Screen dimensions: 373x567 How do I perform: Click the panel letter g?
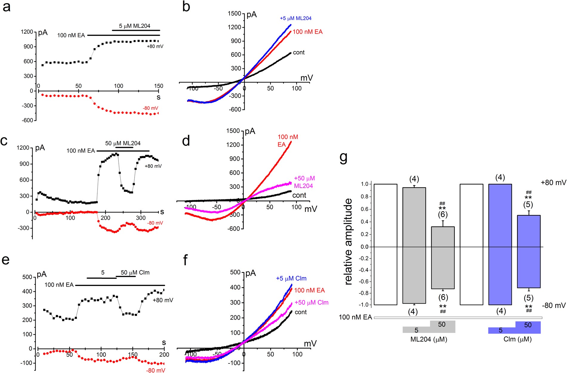343,158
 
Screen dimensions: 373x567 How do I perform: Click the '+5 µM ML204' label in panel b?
295,18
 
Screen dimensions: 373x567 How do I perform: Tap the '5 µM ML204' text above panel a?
135,26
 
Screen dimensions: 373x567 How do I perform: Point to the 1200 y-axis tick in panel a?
27,32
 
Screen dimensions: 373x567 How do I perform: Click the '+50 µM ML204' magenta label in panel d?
304,182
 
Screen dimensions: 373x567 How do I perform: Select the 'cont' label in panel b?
299,53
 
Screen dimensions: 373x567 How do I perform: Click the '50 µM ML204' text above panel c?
123,143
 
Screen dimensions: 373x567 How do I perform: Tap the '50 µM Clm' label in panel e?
135,273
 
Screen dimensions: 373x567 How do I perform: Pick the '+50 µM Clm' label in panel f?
311,302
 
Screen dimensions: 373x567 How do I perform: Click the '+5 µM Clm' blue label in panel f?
291,278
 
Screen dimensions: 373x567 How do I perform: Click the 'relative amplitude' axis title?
348,241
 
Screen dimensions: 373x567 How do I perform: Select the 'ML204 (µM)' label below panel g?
429,339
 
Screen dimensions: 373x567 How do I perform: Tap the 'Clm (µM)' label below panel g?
517,339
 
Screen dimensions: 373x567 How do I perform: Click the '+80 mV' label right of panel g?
553,183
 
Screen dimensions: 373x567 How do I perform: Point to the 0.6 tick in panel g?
365,209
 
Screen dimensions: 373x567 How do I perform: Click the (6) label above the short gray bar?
443,214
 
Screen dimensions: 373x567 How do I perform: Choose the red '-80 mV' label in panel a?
150,108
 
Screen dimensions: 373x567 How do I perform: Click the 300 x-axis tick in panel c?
141,218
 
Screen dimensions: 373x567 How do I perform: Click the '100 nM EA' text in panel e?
59,285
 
